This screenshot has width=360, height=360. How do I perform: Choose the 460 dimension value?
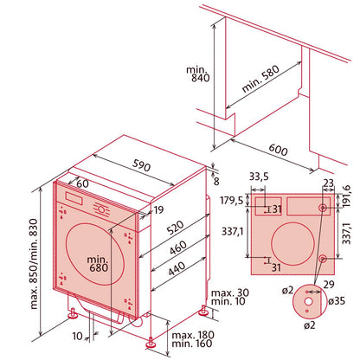(x=177, y=247)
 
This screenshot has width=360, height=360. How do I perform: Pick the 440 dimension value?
(x=177, y=269)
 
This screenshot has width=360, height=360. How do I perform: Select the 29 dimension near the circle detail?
(x=326, y=284)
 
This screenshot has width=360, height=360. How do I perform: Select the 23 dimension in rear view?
(x=329, y=182)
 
